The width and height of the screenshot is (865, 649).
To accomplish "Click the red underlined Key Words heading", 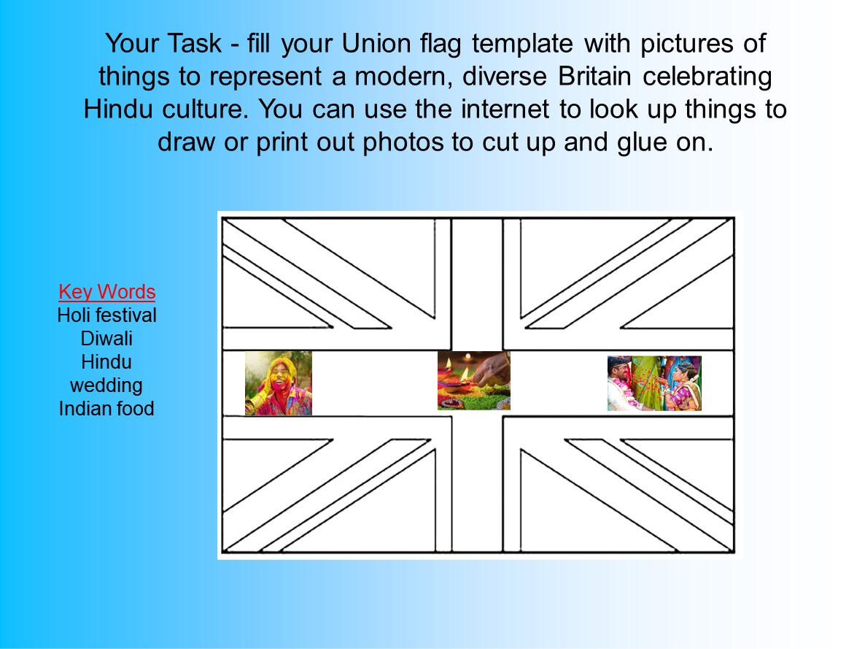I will tap(107, 292).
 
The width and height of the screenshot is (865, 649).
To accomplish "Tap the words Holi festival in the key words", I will tap(107, 315).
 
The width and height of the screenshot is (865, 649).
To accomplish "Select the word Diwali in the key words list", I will tap(106, 339).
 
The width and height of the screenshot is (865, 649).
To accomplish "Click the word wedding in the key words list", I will tap(106, 385).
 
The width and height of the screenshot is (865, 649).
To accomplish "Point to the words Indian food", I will tap(106, 408).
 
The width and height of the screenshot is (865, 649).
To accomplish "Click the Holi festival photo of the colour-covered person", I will tap(278, 383).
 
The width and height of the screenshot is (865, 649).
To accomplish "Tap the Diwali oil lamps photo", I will tap(473, 380).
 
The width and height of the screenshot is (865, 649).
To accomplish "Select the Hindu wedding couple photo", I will tap(653, 383).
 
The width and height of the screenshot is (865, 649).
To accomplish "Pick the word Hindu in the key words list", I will tap(106, 361).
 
